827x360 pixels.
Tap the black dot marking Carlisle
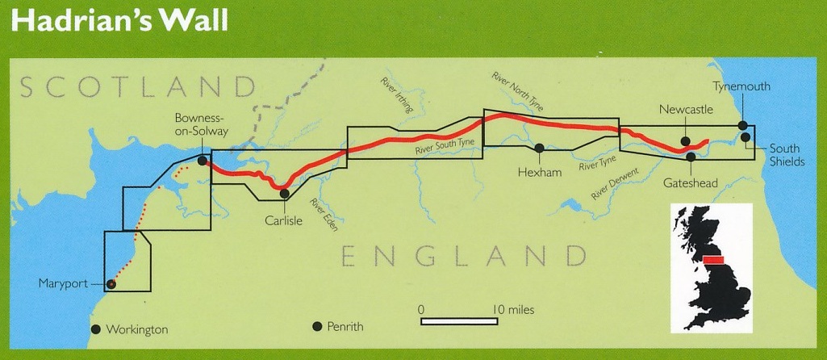(x=283, y=192)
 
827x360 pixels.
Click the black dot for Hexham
(x=538, y=148)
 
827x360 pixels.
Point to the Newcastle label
(x=686, y=110)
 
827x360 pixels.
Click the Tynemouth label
(x=741, y=86)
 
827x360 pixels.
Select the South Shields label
(x=787, y=155)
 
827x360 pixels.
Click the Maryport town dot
(x=111, y=283)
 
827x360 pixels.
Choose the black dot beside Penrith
(x=317, y=326)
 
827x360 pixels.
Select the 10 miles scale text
(x=510, y=309)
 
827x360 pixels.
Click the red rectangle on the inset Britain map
(x=716, y=261)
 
